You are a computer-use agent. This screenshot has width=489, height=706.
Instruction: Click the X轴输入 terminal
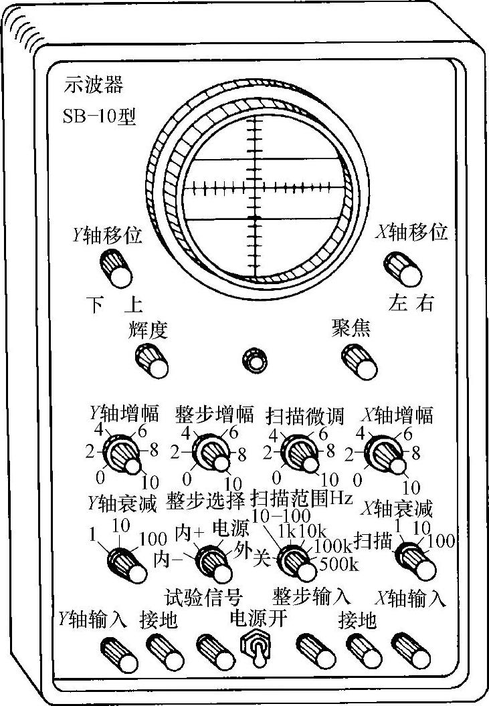pos(407,651)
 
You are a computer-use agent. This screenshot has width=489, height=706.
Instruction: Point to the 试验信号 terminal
pos(213,651)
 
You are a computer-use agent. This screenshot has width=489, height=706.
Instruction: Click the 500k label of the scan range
pos(340,563)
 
